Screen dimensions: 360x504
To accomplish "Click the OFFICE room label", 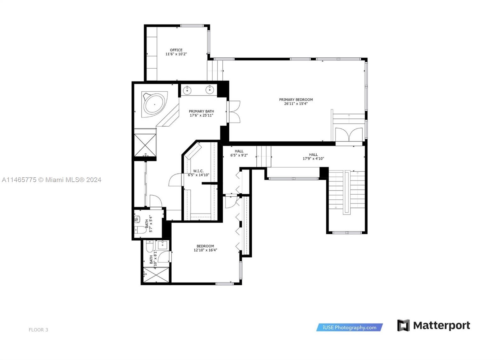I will click(x=176, y=50).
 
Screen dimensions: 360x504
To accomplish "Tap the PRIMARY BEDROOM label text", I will click(x=296, y=100).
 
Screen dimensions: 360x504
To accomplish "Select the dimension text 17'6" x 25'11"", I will click(x=201, y=115).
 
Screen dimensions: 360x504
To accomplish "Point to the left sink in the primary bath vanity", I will click(x=187, y=90).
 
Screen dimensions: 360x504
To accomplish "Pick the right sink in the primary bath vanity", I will click(x=210, y=90).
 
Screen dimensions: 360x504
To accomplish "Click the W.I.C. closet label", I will click(x=198, y=171).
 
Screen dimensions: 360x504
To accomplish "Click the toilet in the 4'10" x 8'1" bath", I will click(x=150, y=246).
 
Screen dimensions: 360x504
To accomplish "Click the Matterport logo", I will click(x=433, y=325).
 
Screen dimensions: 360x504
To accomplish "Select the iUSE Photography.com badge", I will click(x=349, y=328).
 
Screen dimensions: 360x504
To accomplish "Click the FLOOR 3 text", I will click(x=38, y=330).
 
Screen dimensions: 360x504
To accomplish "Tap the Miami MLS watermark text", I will click(x=51, y=180).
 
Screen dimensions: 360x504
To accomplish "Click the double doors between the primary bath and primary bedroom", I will click(x=234, y=112).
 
